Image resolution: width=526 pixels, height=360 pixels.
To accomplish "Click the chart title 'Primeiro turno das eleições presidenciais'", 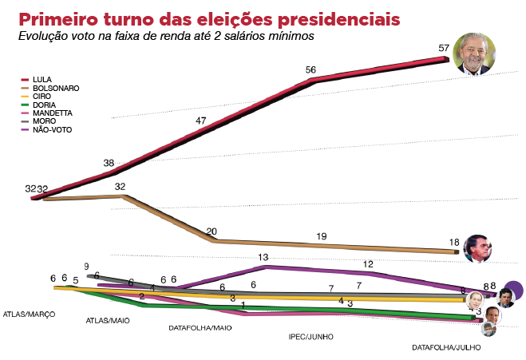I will click(210, 18).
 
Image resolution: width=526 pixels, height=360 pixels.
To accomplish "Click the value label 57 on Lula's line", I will click(444, 48).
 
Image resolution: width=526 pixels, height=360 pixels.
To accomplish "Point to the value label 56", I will click(311, 69).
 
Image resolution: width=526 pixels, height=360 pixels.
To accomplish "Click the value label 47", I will click(202, 121).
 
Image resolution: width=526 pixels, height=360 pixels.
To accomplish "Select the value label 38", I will click(109, 163).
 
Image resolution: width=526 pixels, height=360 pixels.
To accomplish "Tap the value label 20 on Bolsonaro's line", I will click(212, 231).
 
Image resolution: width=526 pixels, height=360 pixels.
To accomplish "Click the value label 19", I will click(322, 236).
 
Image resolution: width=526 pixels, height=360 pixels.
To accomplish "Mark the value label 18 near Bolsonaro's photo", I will click(454, 242).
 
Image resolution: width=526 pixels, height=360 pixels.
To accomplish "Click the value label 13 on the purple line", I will click(263, 257).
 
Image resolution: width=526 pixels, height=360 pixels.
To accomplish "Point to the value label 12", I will click(369, 263).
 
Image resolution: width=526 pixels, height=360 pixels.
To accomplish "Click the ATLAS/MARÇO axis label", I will click(30, 315).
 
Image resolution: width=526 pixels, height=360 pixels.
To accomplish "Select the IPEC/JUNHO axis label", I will click(310, 337).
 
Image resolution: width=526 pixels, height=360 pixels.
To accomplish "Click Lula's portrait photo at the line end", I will click(472, 54).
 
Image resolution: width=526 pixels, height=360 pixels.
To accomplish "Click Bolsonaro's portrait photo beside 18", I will click(477, 247).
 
